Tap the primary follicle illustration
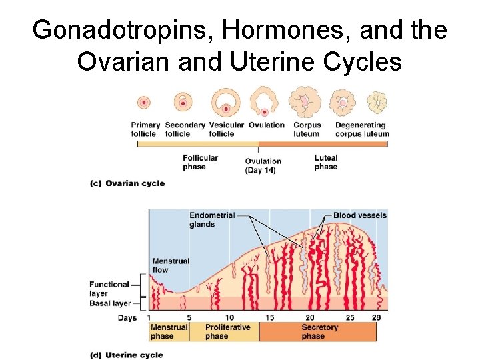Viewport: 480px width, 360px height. pos(143,103)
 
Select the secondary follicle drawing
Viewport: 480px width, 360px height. pos(183,103)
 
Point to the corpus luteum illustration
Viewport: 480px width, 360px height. pos(305,103)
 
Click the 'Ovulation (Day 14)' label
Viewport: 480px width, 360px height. pos(263,165)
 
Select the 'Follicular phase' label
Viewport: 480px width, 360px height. pos(199,162)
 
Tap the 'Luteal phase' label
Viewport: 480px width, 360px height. pos(326,162)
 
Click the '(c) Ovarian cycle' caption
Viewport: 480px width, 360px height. pos(127,183)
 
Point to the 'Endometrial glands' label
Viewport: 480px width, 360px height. pos(211,219)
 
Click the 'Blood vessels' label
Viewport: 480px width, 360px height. pos(360,215)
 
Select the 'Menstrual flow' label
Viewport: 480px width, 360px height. pos(171,265)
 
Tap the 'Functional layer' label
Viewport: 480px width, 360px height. pos(109,289)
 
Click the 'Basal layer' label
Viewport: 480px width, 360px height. pos(110,304)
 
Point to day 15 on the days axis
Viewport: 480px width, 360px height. pos(270,317)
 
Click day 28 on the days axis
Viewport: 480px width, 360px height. pos(376,317)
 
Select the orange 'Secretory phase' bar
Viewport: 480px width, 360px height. pos(319,331)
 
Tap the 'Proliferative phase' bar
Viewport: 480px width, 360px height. pos(227,331)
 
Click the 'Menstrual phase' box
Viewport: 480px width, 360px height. pos(169,331)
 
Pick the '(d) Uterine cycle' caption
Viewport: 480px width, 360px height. pos(126,355)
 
